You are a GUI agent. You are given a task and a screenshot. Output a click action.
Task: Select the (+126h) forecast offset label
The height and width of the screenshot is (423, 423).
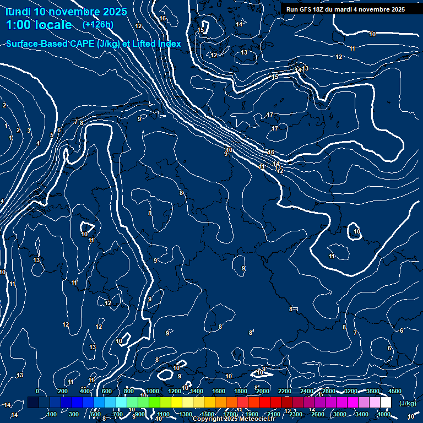tap(97, 24)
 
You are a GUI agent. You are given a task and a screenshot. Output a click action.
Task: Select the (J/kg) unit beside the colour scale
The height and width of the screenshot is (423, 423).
tap(407, 404)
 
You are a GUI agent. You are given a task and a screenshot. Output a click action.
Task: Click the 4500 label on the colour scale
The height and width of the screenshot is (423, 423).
tap(395, 391)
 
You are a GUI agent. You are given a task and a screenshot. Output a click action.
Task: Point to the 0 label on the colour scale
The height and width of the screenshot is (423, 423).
tap(37, 391)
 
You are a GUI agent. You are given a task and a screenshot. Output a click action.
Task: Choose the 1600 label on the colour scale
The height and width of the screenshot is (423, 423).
tap(219, 391)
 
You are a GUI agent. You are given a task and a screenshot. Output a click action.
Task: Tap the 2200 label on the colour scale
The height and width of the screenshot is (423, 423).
tap(285, 391)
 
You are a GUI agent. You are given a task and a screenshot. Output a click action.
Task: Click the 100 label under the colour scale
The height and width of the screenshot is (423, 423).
tap(52, 414)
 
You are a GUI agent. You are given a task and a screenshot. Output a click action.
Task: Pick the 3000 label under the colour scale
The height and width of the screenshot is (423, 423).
tap(340, 414)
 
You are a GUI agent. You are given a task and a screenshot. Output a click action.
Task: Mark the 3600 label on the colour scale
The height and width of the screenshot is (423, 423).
tap(373, 391)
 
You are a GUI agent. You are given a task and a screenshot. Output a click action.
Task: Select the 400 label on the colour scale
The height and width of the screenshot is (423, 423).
tap(85, 391)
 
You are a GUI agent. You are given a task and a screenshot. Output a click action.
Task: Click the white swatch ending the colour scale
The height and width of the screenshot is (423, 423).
tap(386, 403)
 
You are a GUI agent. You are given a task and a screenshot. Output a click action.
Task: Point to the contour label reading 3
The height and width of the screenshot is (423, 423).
tap(29, 131)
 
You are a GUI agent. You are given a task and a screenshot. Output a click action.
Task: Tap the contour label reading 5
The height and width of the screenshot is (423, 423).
tap(52, 134)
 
